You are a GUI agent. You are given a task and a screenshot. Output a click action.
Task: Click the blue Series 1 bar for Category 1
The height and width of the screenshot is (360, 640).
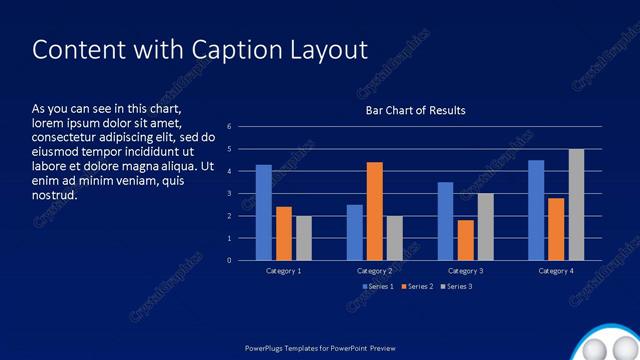tap(263, 213)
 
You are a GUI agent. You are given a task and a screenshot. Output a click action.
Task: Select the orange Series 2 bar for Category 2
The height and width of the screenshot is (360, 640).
tap(374, 211)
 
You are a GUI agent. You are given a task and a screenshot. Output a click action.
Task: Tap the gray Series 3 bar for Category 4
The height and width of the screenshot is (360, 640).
tap(577, 205)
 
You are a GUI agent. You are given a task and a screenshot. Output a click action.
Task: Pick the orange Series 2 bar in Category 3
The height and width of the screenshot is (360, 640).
tap(465, 240)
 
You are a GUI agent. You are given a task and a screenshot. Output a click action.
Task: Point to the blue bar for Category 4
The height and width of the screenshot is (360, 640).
tap(536, 210)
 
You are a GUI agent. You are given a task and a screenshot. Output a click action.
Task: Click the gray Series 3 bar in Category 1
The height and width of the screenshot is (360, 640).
tap(303, 238)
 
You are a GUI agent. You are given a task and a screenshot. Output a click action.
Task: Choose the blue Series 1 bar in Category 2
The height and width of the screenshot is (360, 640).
tap(354, 232)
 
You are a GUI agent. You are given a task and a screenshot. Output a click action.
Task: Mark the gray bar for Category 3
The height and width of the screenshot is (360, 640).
tap(486, 227)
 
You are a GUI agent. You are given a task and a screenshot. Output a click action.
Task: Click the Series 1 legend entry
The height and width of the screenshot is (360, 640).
tap(377, 287)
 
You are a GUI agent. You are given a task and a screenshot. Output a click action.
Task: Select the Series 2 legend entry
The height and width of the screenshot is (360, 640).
tap(416, 287)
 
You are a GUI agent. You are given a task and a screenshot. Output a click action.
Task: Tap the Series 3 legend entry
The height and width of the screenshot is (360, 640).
tap(456, 287)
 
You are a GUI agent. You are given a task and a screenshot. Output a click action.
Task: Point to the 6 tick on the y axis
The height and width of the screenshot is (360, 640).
tap(229, 127)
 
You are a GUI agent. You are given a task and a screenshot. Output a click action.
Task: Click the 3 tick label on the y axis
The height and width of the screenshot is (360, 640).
tap(229, 194)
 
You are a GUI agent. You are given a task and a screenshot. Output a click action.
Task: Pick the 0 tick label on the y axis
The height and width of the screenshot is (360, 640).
tap(229, 261)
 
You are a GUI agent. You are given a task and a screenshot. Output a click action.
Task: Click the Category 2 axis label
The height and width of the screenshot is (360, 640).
tap(374, 271)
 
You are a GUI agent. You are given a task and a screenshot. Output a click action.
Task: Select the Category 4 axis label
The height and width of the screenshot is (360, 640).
tap(556, 271)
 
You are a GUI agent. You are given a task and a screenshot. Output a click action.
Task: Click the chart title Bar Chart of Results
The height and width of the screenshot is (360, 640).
tap(415, 110)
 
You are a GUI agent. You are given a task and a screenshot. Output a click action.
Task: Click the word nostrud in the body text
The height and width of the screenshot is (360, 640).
tap(55, 195)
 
